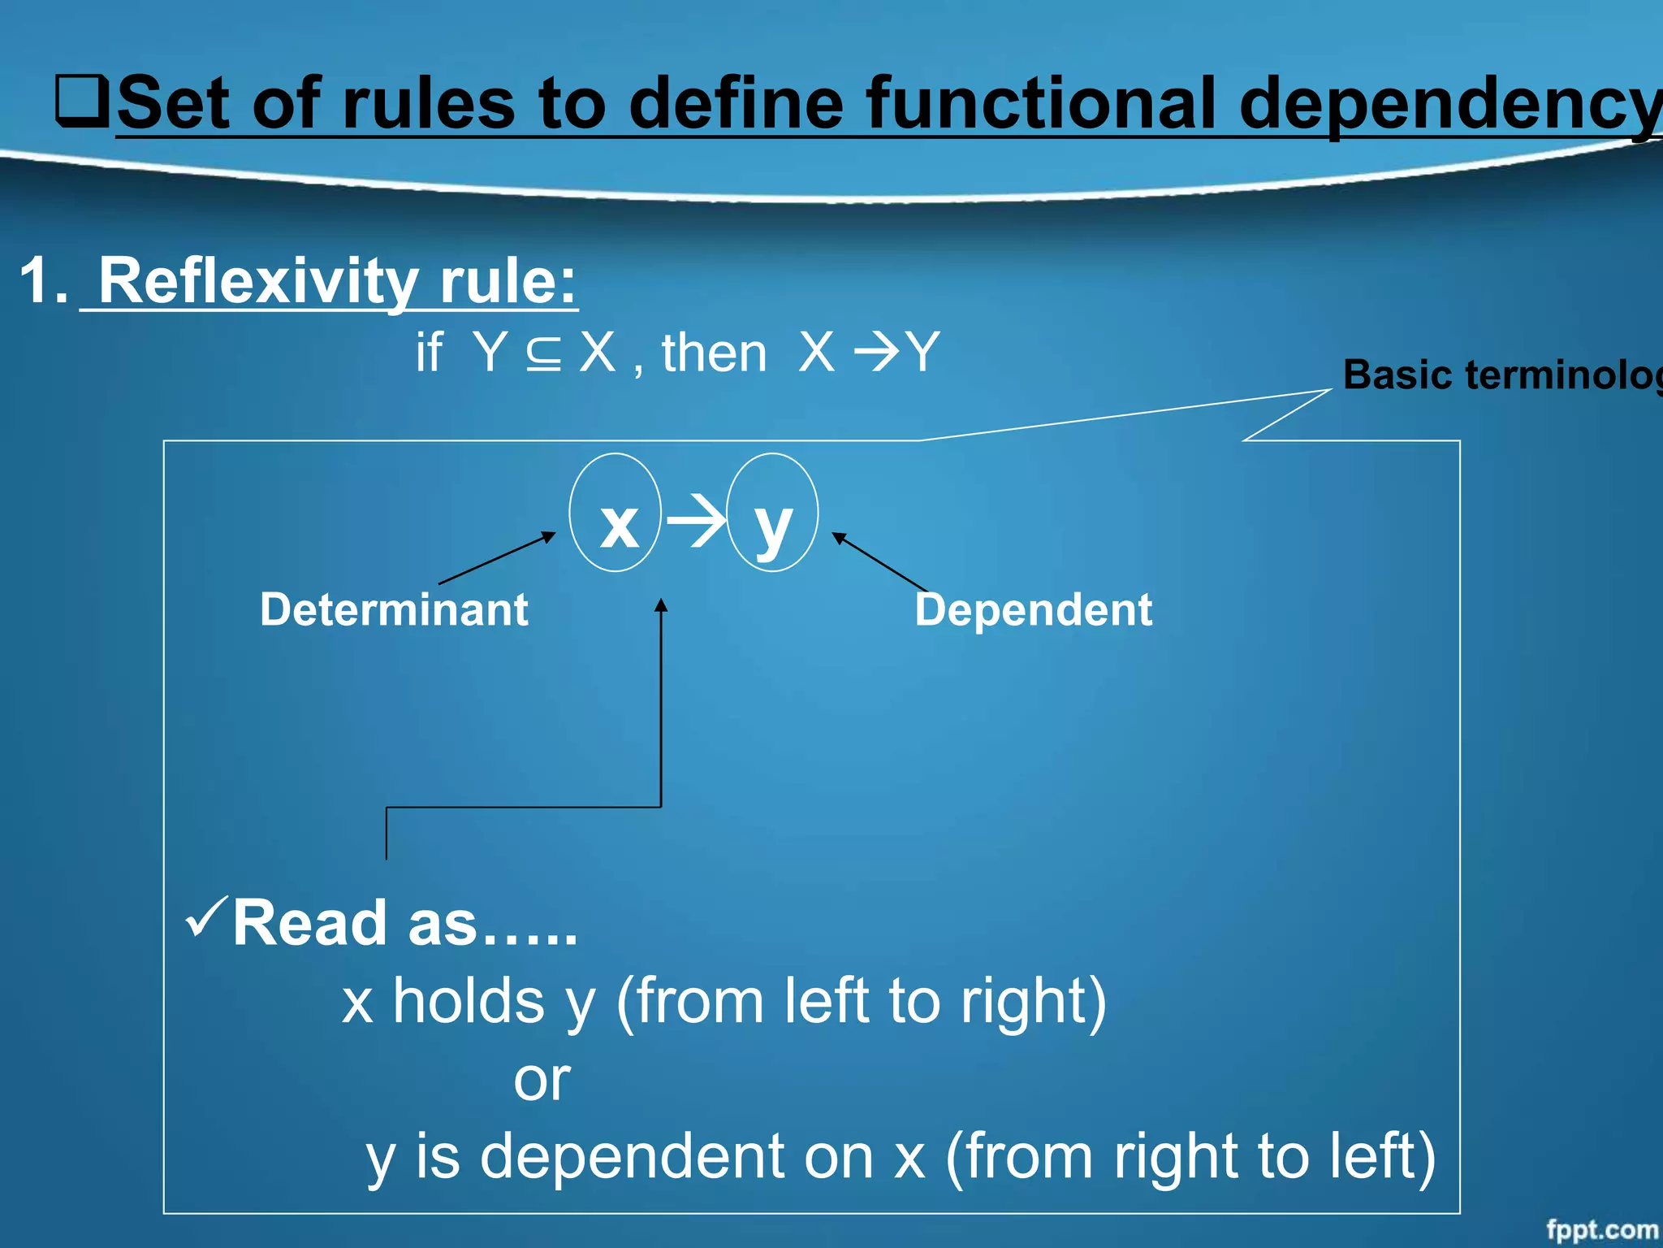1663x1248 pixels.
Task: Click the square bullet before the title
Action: (x=82, y=101)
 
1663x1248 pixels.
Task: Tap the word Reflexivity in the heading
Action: (x=258, y=281)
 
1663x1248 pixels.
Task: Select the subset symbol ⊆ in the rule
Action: (x=543, y=353)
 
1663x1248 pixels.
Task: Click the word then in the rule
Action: (x=714, y=353)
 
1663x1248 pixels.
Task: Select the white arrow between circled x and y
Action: (x=695, y=521)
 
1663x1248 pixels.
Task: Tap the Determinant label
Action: (x=394, y=609)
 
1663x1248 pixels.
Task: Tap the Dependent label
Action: (x=1033, y=609)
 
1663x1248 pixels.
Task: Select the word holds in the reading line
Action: (x=469, y=1001)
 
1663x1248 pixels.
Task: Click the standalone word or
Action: (x=542, y=1080)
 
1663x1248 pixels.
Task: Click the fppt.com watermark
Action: (x=1600, y=1229)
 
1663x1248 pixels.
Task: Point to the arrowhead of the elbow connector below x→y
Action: (x=661, y=605)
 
